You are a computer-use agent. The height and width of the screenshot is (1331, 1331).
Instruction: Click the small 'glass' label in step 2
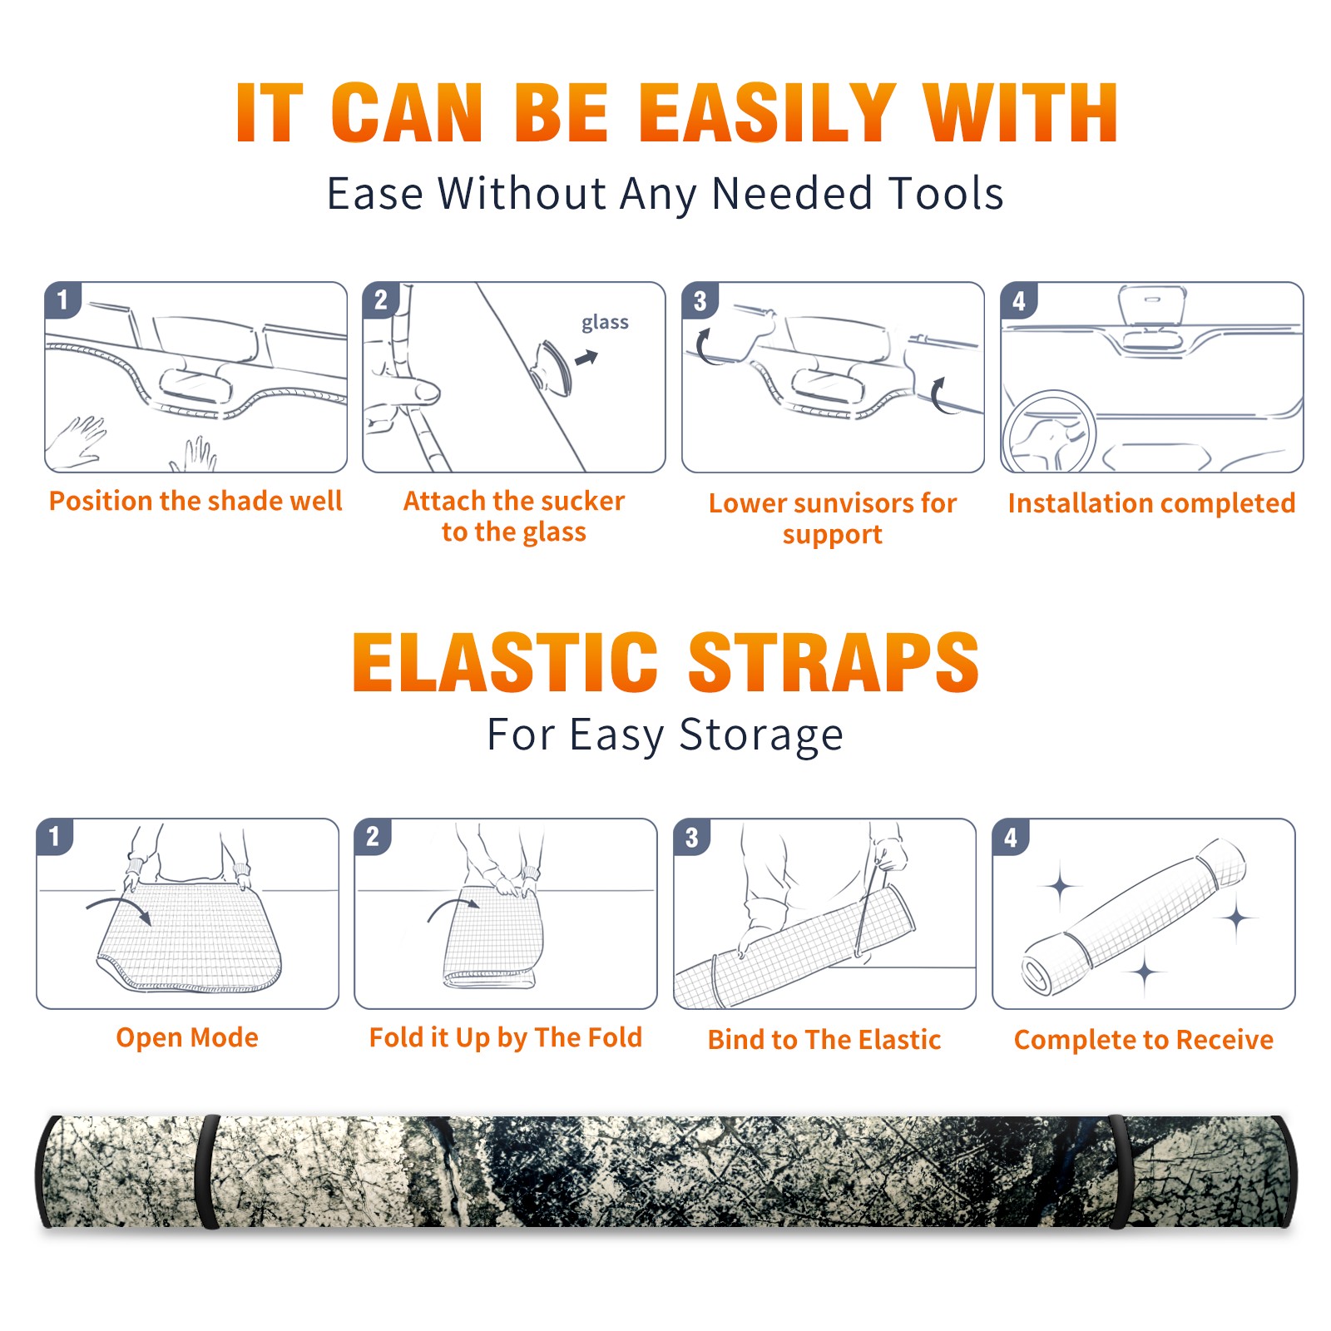pos(605,322)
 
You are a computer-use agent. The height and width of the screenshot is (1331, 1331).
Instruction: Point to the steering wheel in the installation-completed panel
pos(1048,430)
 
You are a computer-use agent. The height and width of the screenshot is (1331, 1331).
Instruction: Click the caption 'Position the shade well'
pos(195,501)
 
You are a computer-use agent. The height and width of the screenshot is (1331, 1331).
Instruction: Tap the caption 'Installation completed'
pos(1151,502)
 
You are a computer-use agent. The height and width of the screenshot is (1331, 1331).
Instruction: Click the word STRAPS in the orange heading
pos(834,662)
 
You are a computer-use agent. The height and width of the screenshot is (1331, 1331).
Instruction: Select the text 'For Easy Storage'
pos(665,735)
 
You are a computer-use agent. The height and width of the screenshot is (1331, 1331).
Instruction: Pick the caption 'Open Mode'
pos(187,1037)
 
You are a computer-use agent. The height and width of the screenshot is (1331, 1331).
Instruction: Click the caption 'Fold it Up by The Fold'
pos(506,1037)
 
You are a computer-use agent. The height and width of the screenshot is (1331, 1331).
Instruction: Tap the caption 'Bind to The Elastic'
pos(824,1039)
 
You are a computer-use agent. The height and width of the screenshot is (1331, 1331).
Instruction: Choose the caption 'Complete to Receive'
pos(1144,1040)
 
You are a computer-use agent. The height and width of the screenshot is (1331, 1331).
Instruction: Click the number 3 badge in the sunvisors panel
pos(700,301)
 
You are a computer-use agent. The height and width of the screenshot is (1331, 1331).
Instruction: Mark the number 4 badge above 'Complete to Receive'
pos(1011,837)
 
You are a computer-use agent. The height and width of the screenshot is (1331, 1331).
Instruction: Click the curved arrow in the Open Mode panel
pos(119,907)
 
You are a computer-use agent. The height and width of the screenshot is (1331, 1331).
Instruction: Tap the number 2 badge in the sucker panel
pos(381,300)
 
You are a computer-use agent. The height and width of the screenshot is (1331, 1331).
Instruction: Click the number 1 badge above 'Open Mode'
pos(55,837)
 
